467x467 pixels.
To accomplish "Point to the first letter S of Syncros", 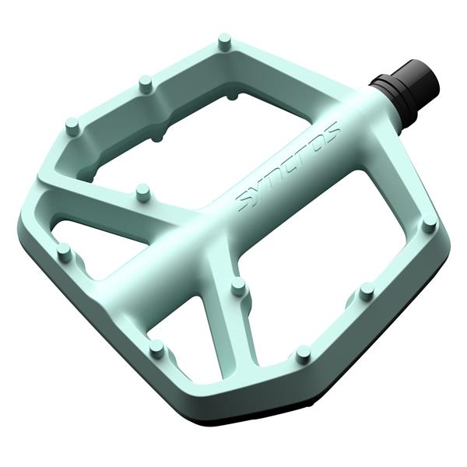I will click(245, 202).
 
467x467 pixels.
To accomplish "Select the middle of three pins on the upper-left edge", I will click(145, 82).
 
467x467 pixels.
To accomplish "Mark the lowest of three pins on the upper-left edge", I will click(72, 125).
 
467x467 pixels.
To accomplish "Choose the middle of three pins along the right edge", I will click(367, 290).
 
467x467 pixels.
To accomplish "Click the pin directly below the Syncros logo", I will click(239, 287).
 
